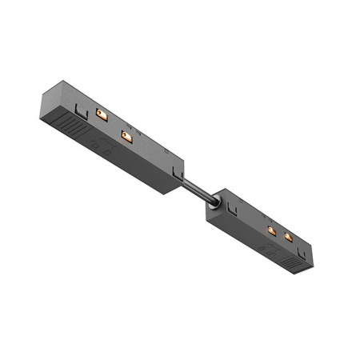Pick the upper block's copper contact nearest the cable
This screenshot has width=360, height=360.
[x=126, y=138]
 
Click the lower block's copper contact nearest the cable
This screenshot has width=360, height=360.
[x=272, y=230]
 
